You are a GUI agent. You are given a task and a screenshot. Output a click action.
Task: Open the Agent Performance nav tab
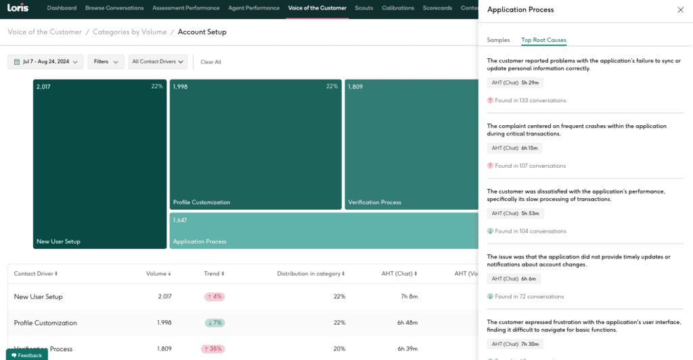(254, 8)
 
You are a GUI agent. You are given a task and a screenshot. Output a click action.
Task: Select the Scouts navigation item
(363, 8)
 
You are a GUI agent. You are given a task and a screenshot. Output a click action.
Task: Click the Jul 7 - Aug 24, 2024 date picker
(45, 62)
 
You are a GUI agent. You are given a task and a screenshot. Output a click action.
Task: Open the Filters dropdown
(106, 62)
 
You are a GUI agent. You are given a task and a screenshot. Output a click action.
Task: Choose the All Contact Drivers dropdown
(158, 62)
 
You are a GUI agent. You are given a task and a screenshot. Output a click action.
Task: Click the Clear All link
(210, 62)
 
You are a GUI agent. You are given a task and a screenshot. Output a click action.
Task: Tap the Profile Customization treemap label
(202, 202)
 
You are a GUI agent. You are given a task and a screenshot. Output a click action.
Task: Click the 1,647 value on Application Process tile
(180, 220)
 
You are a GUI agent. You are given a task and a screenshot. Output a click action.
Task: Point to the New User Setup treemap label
(58, 242)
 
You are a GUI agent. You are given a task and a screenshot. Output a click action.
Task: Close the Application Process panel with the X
(680, 10)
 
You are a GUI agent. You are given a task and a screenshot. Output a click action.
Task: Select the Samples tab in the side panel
(498, 41)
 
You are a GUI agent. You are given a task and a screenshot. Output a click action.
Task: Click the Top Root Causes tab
(543, 41)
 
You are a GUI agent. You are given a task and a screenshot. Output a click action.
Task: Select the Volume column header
(158, 273)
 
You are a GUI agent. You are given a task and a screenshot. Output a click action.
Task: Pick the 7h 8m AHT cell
(408, 296)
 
